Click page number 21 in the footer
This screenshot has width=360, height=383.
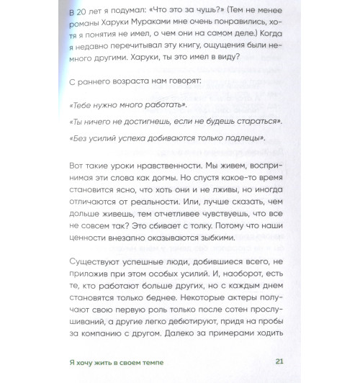click(x=279, y=364)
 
